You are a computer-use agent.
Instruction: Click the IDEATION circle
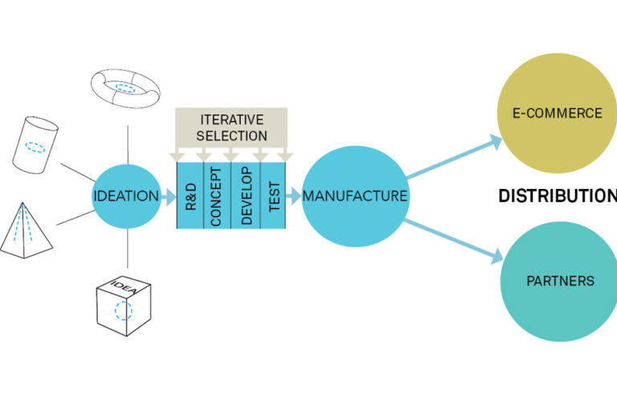click(127, 195)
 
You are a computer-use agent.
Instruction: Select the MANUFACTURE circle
click(353, 195)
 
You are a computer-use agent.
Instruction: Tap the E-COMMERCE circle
click(559, 113)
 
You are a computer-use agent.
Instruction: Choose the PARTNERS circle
click(559, 281)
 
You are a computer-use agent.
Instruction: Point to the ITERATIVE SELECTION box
click(232, 128)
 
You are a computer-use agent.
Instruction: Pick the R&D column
click(190, 195)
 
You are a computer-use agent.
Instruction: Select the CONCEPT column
click(217, 195)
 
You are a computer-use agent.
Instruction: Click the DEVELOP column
click(246, 195)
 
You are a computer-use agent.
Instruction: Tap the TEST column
click(273, 195)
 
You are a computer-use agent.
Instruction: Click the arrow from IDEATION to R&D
click(168, 195)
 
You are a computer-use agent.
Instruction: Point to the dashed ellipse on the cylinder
click(35, 148)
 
